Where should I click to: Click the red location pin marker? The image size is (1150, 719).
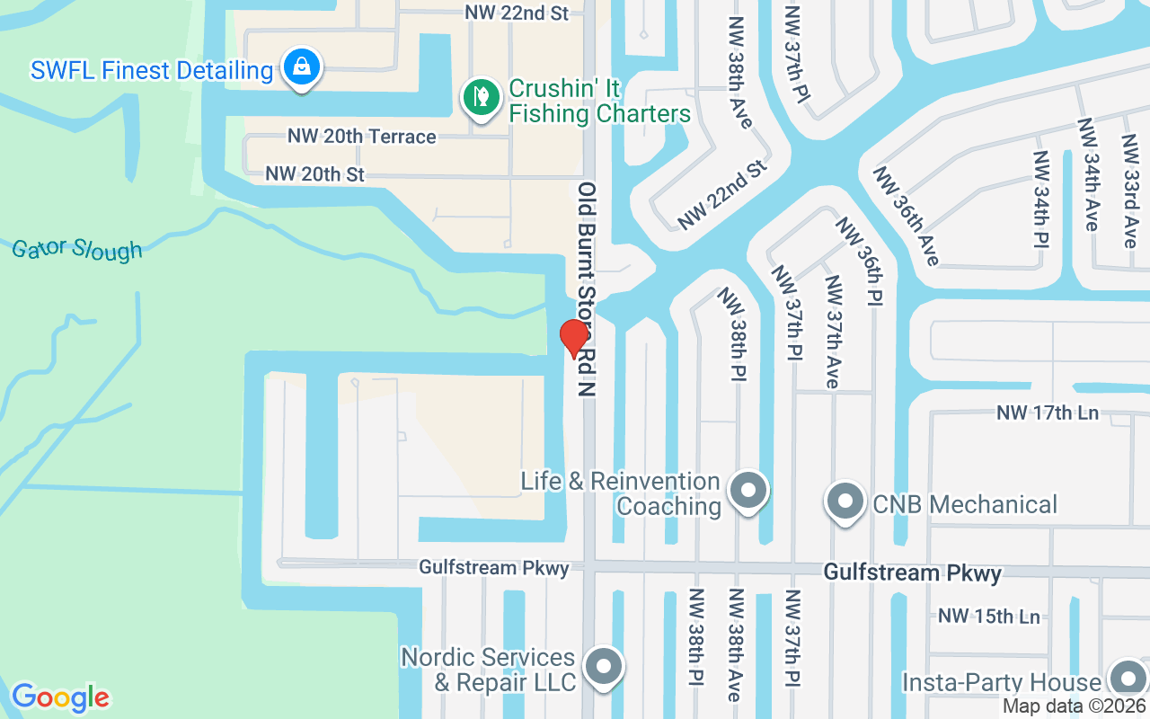point(573,338)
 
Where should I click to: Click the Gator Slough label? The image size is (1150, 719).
point(77,248)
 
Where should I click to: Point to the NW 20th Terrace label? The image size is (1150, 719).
point(361,137)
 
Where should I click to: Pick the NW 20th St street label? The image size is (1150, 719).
point(314,173)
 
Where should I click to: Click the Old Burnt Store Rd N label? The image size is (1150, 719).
point(587,289)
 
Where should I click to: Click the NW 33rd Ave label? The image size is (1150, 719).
point(1129,191)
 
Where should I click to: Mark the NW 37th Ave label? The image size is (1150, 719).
point(832,332)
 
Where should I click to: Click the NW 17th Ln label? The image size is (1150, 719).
point(1048,413)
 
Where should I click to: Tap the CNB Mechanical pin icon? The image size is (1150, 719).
point(845,502)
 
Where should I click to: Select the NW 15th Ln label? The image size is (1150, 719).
point(988,617)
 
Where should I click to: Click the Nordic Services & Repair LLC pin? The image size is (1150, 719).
point(603,667)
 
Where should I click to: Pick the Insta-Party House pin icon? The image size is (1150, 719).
point(1127,680)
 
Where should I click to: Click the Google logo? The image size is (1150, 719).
point(60,697)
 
